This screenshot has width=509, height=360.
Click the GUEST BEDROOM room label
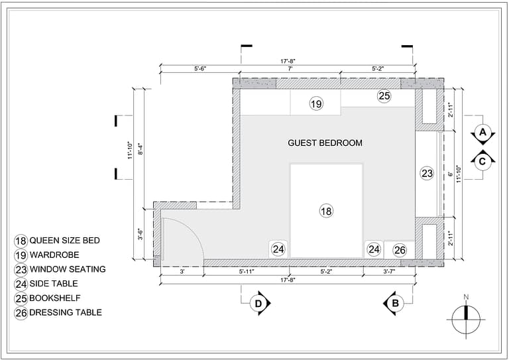click(325, 143)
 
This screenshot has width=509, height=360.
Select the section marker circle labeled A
click(482, 132)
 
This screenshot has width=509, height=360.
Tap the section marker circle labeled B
click(394, 304)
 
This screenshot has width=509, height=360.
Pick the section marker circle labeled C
click(482, 160)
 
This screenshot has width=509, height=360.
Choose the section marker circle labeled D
click(259, 304)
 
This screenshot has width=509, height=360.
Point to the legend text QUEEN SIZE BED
click(64, 240)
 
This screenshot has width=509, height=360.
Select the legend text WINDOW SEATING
click(67, 269)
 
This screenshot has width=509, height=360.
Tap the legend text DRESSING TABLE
click(66, 312)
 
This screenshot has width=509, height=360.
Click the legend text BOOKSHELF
click(54, 298)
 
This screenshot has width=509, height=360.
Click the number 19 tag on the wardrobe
click(316, 104)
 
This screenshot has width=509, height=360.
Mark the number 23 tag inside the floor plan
click(427, 174)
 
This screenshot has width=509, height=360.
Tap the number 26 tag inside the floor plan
click(400, 250)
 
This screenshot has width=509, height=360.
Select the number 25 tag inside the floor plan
click(384, 96)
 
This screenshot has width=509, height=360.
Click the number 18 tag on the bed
click(325, 211)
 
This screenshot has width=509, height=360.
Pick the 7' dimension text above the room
click(290, 69)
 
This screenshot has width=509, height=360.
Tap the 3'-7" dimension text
click(392, 272)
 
